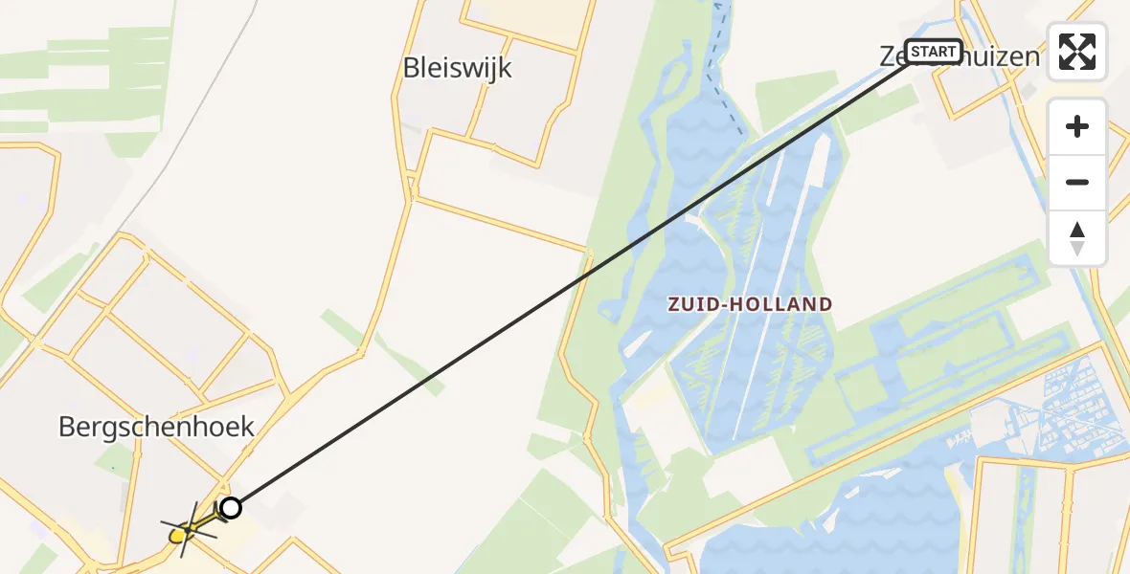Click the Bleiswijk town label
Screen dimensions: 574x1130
(x=458, y=68)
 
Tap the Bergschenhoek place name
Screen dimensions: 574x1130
(x=156, y=427)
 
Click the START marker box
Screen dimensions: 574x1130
(x=933, y=51)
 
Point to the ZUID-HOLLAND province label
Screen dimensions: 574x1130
(x=750, y=304)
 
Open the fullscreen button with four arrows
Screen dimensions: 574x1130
(x=1077, y=52)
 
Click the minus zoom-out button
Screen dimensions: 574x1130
(x=1077, y=182)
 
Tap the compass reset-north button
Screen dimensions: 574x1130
(x=1077, y=237)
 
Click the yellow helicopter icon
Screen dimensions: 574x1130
(x=186, y=527)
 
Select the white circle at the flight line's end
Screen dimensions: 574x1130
(x=231, y=508)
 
